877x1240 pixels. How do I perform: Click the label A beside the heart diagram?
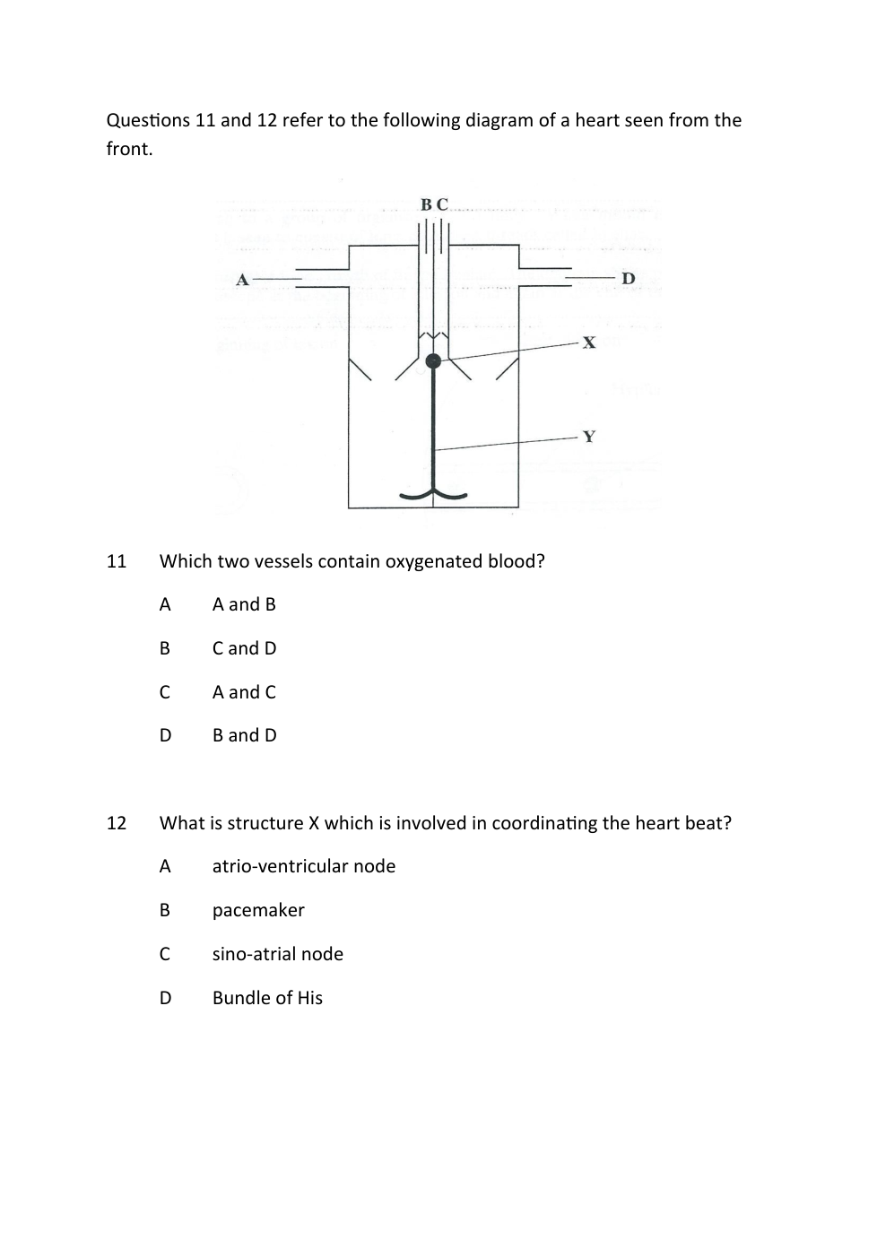tap(242, 280)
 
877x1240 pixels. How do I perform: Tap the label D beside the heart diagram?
tap(629, 279)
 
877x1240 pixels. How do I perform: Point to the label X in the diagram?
tap(589, 343)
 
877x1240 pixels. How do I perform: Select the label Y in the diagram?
tap(589, 437)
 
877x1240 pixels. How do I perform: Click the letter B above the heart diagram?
tap(427, 204)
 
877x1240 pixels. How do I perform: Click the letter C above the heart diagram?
tap(442, 204)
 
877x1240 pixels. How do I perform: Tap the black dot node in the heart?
tap(434, 361)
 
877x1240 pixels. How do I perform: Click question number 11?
tap(117, 561)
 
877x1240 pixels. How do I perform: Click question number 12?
tap(117, 823)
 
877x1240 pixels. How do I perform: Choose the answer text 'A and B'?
tap(244, 604)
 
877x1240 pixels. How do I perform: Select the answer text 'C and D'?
tap(244, 648)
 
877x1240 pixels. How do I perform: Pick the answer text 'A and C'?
tap(244, 692)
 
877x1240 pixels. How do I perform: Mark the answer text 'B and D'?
tap(244, 735)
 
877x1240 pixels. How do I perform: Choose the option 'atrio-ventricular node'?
tap(303, 866)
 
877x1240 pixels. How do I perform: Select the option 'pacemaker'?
tap(258, 910)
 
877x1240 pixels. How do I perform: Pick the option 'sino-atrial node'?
tap(277, 954)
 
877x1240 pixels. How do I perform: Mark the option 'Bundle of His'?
tap(267, 998)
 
